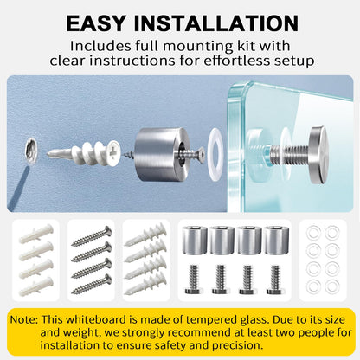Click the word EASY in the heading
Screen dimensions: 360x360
point(96,22)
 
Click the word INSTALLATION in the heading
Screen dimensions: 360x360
point(216,22)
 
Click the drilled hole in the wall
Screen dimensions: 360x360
point(30,151)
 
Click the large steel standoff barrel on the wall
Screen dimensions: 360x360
point(163,154)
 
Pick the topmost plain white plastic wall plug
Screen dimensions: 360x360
point(36,235)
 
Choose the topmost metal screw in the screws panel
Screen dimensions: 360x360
point(92,236)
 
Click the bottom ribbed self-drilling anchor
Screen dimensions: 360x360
point(145,284)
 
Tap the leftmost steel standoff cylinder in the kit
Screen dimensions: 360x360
point(195,241)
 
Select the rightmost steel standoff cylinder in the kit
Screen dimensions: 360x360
point(276,241)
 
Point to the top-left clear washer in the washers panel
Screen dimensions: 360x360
point(313,233)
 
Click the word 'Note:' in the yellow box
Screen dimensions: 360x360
point(24,319)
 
